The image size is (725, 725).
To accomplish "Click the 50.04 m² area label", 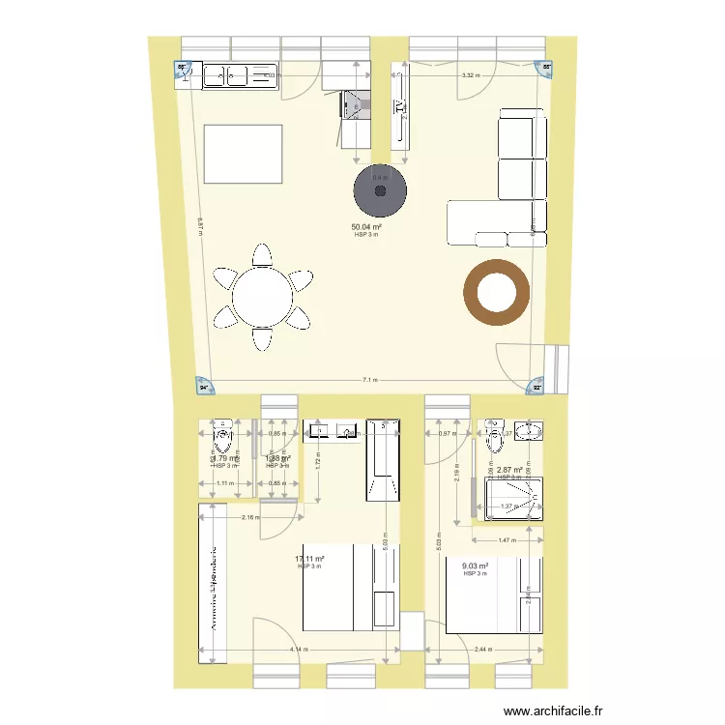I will click(366, 228).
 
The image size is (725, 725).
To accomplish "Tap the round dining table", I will click(262, 297).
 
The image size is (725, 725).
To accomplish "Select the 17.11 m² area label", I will click(309, 559).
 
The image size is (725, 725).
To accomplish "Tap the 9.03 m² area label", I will click(475, 567).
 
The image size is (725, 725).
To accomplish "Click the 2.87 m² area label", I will click(509, 471).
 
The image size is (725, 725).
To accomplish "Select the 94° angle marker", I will click(204, 386).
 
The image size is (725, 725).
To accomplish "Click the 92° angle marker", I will click(537, 387).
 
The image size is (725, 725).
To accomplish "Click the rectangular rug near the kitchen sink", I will click(243, 153).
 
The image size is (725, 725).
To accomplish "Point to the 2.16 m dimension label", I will click(250, 518).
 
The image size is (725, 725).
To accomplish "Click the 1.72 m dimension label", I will click(318, 462).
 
